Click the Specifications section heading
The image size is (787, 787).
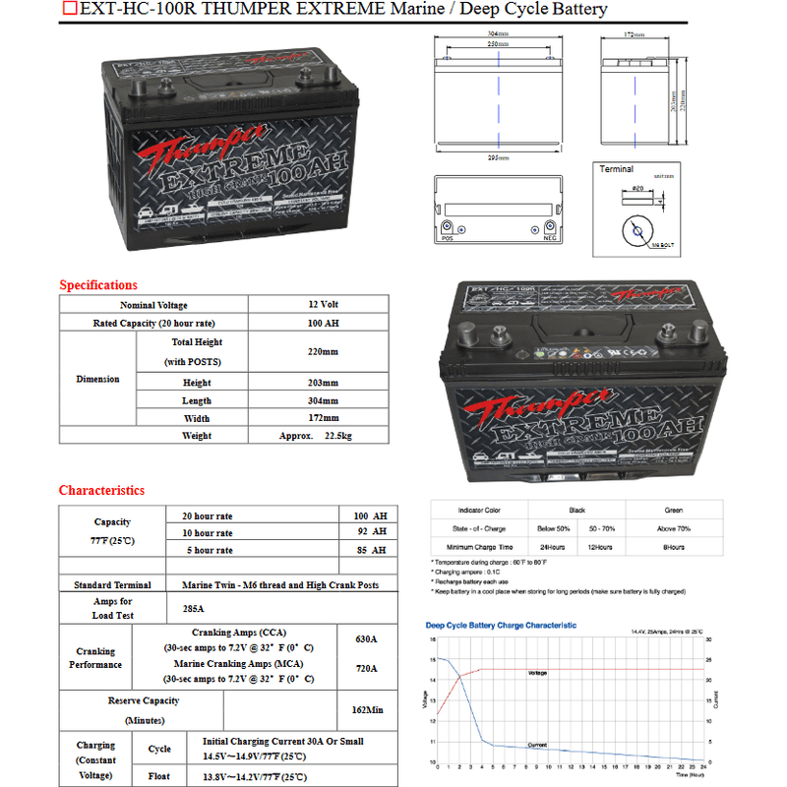point(98,285)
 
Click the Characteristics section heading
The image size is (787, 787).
point(101,490)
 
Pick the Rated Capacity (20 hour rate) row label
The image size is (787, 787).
point(153,323)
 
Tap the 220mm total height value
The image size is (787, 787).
point(323,351)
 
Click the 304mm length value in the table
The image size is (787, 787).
point(323,400)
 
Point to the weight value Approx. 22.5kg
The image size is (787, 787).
point(315,435)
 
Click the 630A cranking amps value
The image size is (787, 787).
point(366,639)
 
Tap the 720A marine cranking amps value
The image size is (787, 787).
point(366,669)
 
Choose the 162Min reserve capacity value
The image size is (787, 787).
point(367,709)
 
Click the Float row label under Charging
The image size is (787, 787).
point(159,776)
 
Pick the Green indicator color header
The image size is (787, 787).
point(673,511)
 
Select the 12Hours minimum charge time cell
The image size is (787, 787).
point(600,546)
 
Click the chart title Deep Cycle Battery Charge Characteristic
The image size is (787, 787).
point(501,625)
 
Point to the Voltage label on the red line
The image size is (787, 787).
point(538,673)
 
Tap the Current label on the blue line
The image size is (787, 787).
point(537,745)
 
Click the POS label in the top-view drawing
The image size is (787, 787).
point(447,237)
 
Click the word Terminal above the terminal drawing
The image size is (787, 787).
point(617,169)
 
